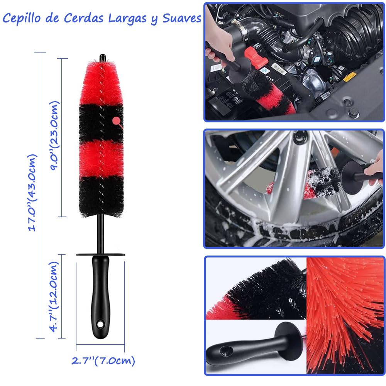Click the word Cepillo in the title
22,19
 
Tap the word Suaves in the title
182,19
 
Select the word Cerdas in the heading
84,18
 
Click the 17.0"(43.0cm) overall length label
32,193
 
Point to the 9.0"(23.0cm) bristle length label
54,135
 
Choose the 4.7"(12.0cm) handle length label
54,296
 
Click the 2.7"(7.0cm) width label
103,361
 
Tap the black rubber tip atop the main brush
102,58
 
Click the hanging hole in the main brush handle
100,325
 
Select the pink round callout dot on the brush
116,121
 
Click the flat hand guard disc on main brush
100,255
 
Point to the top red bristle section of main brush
101,84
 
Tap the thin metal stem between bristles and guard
100,234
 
